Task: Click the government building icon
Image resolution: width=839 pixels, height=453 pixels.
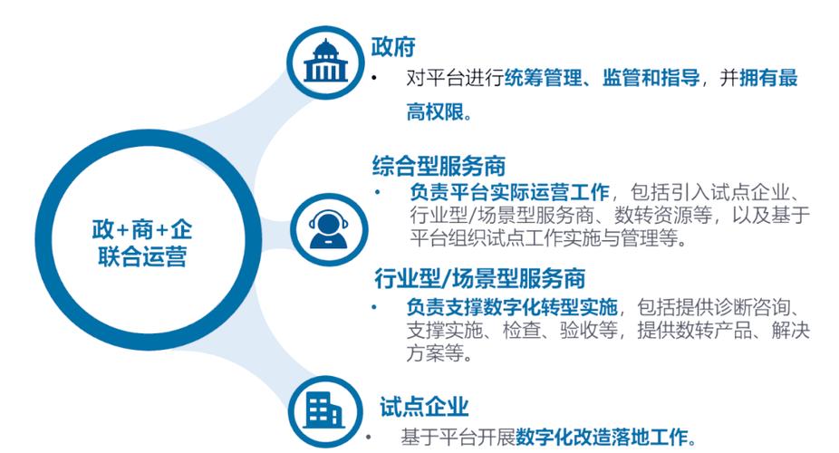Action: [323, 61]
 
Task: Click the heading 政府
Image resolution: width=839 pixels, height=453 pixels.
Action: [393, 47]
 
